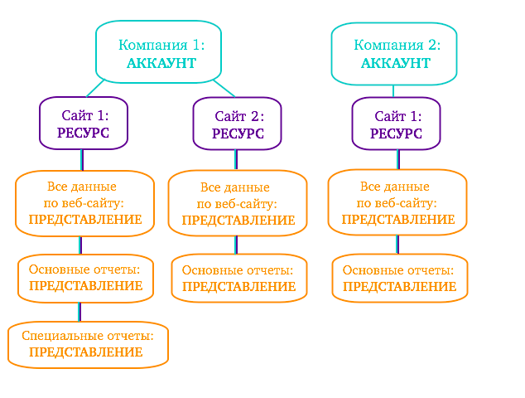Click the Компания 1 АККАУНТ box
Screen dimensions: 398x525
click(158, 51)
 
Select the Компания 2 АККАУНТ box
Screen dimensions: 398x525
click(394, 54)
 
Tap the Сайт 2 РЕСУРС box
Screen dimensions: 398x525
click(237, 124)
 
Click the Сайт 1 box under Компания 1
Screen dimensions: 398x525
click(84, 123)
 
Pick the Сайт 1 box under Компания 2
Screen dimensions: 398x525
click(396, 124)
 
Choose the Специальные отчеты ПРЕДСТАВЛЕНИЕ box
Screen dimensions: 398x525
click(88, 344)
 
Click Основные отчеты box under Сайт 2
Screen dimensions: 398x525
click(238, 278)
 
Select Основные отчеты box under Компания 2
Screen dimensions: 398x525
click(399, 278)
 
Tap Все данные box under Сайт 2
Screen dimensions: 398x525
click(237, 203)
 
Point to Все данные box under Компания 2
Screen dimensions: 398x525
click(397, 202)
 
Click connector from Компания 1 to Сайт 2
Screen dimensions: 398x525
click(224, 88)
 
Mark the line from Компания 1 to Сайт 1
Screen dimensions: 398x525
click(95, 88)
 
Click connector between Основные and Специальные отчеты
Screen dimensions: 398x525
click(80, 312)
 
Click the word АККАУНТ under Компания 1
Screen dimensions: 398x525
click(161, 63)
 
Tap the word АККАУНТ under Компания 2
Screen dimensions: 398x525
click(396, 63)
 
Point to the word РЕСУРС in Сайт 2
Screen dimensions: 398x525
click(238, 133)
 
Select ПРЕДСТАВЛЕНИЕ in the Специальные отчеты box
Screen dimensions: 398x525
click(85, 352)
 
